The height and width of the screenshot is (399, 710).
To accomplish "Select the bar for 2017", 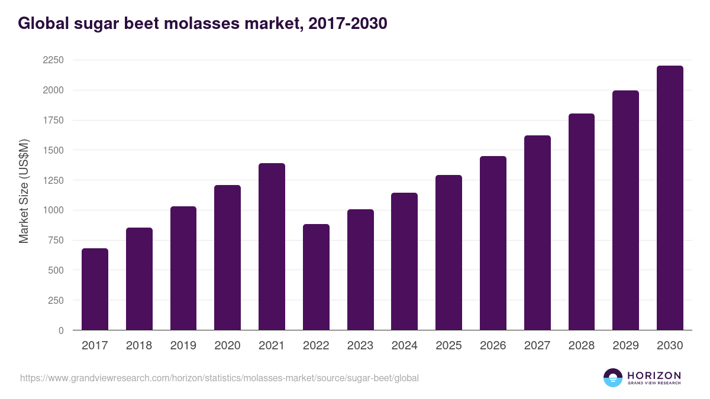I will (x=95, y=289).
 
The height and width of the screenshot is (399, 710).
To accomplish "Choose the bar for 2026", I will (x=493, y=243).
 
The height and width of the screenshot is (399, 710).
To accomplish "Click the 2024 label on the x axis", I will (x=405, y=346).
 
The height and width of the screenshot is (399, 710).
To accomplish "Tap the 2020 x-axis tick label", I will (x=228, y=346).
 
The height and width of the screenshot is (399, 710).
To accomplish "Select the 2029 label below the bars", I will (x=625, y=346).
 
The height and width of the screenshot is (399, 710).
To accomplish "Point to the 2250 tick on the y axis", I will (x=53, y=60).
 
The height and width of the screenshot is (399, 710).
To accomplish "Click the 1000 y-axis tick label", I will (x=53, y=210).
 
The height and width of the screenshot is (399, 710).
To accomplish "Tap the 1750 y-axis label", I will (x=53, y=121).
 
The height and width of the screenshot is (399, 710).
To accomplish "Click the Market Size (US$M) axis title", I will (x=24, y=191).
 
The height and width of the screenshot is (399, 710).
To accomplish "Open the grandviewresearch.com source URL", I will (x=220, y=378).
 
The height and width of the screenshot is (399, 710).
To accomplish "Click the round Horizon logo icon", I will (x=613, y=378).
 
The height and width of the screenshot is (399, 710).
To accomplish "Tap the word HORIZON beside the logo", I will (x=654, y=375).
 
